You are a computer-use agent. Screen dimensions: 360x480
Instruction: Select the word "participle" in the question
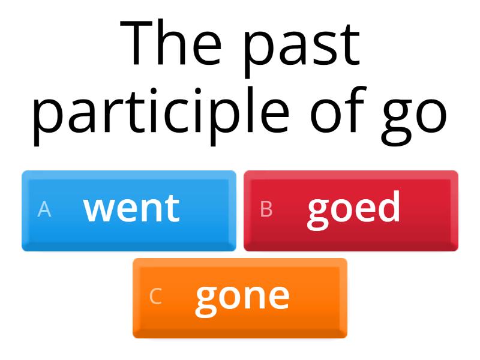coord(161,113)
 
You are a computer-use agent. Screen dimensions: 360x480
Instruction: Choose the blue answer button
coord(129,210)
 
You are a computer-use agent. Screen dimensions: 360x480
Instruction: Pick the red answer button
coord(351,210)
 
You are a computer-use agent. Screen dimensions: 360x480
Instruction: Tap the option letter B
coord(266,209)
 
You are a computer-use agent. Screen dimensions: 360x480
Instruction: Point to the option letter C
coord(155,296)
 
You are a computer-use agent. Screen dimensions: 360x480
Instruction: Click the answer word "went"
coord(131,208)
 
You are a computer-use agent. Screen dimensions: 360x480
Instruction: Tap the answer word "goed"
coord(353,208)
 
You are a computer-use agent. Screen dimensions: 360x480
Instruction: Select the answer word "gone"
coord(242,296)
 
